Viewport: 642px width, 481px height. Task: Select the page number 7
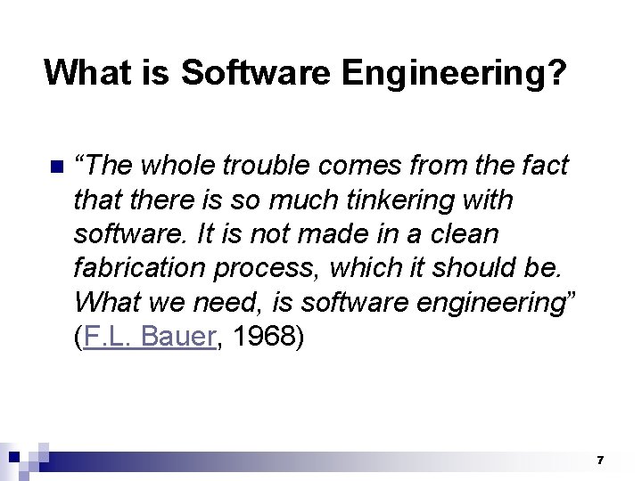click(x=600, y=461)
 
